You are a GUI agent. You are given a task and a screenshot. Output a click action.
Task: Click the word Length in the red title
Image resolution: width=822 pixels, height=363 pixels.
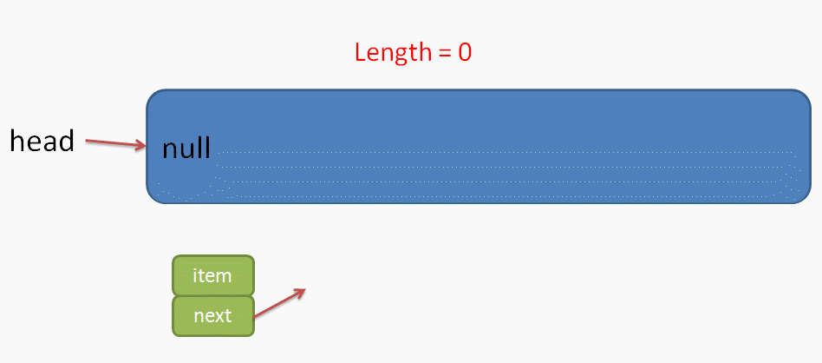pos(391,52)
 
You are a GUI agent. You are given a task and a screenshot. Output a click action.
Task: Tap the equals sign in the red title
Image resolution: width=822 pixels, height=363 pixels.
pos(443,53)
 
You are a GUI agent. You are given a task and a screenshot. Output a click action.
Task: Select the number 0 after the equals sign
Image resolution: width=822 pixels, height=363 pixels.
pos(464,52)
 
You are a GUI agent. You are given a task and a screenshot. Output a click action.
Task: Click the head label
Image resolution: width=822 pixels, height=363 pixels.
pos(42,141)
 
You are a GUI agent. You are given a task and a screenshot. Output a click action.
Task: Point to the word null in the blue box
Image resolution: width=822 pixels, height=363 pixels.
pos(186,148)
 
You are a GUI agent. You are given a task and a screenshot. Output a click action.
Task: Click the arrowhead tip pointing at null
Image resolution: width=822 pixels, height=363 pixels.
pos(145,146)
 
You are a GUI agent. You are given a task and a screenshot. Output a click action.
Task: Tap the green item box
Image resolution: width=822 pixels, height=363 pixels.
pos(212,275)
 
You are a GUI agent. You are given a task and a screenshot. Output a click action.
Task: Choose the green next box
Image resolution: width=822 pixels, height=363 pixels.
pos(212,315)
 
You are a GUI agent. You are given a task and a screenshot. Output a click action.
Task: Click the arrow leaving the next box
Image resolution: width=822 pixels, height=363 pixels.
pos(279,304)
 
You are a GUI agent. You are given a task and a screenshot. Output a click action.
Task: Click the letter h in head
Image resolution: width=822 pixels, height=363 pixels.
pos(16,141)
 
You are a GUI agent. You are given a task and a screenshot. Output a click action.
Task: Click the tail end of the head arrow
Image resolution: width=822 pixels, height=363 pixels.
pos(88,139)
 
